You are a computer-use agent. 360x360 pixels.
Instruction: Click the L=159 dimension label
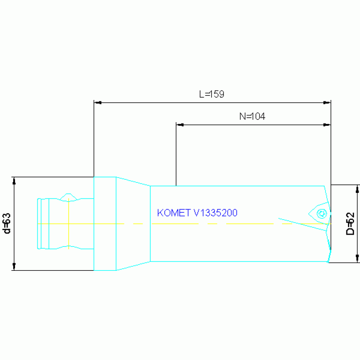click(x=211, y=94)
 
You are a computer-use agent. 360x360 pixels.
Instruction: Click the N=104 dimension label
click(x=252, y=117)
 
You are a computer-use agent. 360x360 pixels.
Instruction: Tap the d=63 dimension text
click(x=7, y=223)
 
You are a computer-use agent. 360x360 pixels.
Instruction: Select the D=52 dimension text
click(x=350, y=224)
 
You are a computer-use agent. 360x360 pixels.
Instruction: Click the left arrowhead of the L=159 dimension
click(x=97, y=102)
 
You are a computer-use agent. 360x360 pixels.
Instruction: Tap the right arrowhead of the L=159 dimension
click(x=328, y=102)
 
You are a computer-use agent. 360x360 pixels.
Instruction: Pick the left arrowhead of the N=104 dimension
click(x=179, y=125)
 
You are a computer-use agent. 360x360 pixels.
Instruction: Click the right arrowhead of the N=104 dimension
click(x=328, y=125)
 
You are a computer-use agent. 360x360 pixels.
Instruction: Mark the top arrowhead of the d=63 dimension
click(x=14, y=180)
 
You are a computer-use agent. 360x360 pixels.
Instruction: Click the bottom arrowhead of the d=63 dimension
click(x=14, y=267)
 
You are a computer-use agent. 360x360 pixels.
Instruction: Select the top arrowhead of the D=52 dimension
click(x=358, y=188)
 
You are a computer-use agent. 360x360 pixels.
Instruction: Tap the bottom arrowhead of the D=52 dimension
click(x=358, y=259)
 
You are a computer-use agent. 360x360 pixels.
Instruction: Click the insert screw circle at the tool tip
click(x=322, y=214)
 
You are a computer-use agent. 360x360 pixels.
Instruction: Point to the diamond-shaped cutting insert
click(x=318, y=214)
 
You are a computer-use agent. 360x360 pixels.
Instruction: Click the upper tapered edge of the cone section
click(x=133, y=181)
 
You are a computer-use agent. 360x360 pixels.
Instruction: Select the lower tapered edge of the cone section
click(x=133, y=266)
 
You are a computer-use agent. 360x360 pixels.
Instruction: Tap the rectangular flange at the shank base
click(x=105, y=223)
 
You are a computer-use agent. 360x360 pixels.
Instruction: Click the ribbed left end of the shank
click(x=44, y=223)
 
